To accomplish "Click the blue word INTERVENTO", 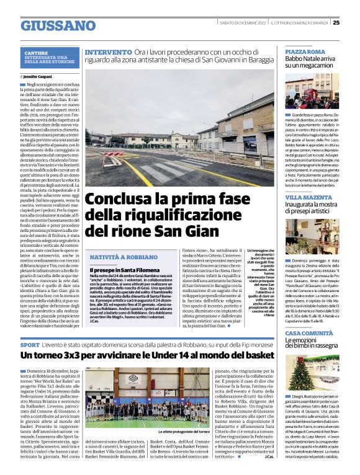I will pos(107,53).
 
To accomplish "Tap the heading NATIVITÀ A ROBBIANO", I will pos(124,257).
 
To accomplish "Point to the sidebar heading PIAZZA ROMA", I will pos(305,51).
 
